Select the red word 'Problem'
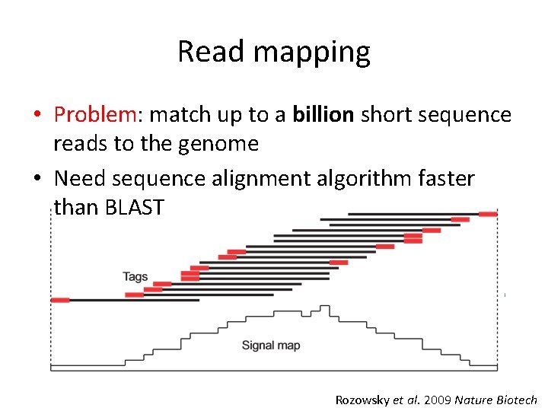94,115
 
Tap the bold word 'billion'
323,114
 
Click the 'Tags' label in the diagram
135,276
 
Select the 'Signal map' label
271,346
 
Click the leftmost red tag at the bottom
60,300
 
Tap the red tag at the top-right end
487,214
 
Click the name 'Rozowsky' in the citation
362,400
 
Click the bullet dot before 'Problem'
37,116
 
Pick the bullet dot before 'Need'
37,180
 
